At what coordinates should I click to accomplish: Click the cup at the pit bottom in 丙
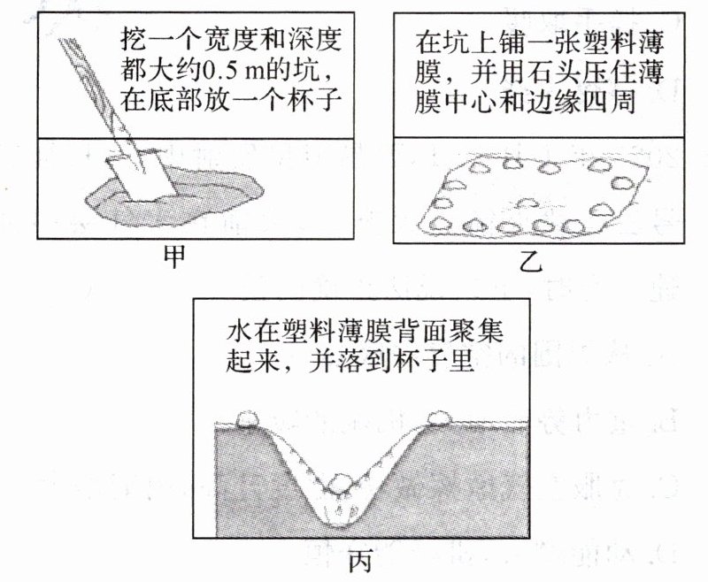tap(340, 512)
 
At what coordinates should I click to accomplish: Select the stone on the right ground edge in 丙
tap(438, 417)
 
